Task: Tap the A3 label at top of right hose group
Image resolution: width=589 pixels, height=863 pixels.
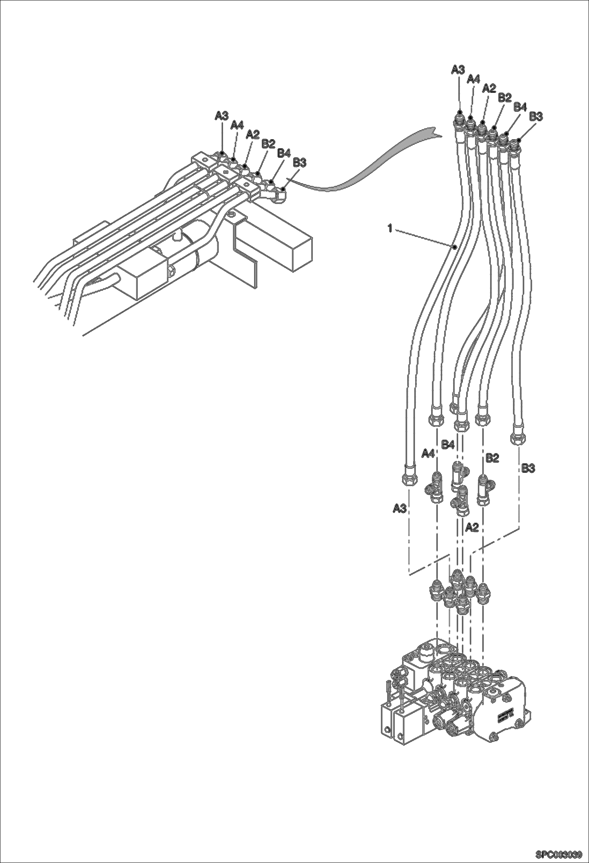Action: [457, 70]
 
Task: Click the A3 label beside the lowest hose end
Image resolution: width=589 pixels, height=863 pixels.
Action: [399, 509]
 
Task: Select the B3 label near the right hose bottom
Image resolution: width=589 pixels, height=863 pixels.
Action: [528, 468]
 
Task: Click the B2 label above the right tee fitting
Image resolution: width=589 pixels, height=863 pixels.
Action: [492, 457]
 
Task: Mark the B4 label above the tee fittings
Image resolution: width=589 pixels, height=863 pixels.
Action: [448, 445]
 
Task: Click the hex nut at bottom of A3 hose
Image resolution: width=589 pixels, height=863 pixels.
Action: [409, 479]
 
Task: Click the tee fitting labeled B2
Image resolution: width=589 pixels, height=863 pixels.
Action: [484, 489]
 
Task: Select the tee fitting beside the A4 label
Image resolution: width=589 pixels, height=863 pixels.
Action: [435, 488]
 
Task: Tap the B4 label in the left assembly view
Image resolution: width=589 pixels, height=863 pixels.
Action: [284, 152]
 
